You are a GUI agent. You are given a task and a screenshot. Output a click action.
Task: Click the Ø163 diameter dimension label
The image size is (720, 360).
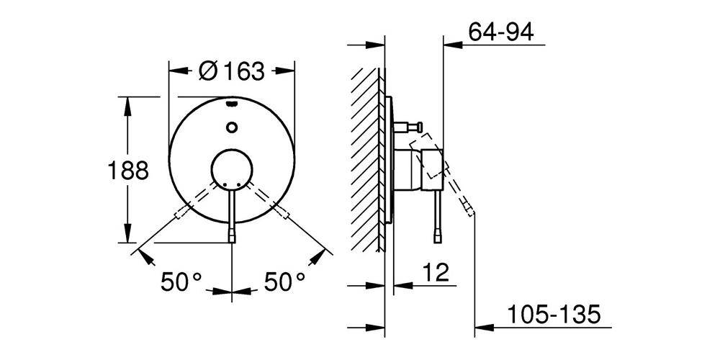click(x=231, y=71)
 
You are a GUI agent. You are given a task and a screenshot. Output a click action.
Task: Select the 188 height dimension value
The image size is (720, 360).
click(x=127, y=171)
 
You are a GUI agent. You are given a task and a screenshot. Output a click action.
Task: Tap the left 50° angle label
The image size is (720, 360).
click(x=180, y=282)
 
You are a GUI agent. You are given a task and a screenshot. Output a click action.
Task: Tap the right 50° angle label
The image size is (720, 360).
click(x=285, y=282)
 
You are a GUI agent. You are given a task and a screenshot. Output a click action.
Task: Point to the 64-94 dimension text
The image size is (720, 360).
click(x=500, y=32)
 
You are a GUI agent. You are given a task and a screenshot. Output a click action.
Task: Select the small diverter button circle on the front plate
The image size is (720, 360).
click(x=231, y=128)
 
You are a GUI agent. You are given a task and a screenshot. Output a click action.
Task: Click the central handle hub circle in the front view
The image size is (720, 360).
click(x=231, y=171)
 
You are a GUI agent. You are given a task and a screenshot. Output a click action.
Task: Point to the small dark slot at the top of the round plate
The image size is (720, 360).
click(x=231, y=104)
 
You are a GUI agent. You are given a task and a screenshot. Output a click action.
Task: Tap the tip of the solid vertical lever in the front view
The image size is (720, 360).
click(x=231, y=238)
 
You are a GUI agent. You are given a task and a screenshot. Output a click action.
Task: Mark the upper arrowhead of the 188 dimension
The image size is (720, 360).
click(x=127, y=103)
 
